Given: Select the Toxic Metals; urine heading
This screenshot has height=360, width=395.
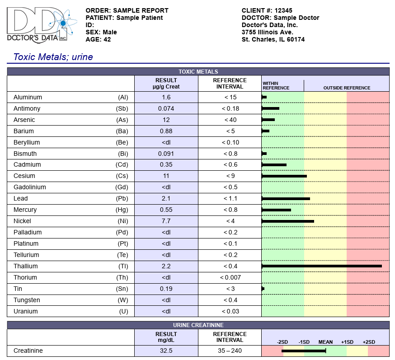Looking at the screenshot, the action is click(x=53, y=57).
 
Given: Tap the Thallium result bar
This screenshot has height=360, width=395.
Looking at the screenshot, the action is click(x=322, y=266).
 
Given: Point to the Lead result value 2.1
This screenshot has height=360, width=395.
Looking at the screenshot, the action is click(x=166, y=199).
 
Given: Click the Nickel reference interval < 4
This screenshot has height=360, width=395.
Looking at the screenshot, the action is click(x=230, y=221).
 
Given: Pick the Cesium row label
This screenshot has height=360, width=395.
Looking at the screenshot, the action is click(x=24, y=176).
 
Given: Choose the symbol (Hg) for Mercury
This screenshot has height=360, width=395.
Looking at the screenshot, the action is click(x=122, y=210).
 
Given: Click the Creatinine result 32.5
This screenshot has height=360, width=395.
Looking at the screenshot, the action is click(x=166, y=351).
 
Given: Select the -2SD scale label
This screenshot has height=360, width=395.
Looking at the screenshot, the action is click(x=282, y=342).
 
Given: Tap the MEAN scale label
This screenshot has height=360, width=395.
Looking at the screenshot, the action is click(x=325, y=342).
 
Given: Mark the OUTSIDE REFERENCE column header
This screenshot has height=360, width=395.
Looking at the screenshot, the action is click(x=347, y=88).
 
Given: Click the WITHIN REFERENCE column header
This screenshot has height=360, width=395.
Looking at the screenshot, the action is click(x=276, y=85).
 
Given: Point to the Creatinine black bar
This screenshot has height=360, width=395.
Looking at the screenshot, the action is click(x=304, y=351).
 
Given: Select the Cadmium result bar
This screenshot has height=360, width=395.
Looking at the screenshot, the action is click(x=274, y=165).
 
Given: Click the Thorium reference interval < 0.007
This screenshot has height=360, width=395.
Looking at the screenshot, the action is click(x=230, y=278).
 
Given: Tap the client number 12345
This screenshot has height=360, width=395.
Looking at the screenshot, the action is click(x=283, y=10).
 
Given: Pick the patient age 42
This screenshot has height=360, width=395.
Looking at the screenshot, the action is click(x=107, y=40).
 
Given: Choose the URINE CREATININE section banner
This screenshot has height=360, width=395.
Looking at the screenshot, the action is click(x=198, y=325).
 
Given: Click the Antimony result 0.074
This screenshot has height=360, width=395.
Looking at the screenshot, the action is click(x=166, y=108).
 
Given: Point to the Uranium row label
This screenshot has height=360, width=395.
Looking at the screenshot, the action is click(x=26, y=311).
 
